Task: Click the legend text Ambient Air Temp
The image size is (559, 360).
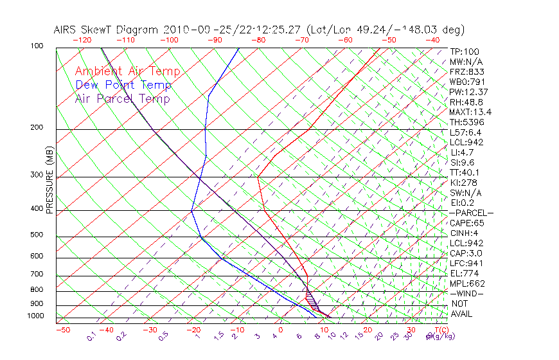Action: (x=127, y=71)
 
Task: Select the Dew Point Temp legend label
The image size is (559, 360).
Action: (x=123, y=85)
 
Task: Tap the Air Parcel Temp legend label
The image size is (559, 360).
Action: (x=122, y=98)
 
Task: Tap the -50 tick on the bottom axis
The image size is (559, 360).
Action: (x=62, y=330)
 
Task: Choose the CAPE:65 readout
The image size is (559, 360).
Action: (x=467, y=223)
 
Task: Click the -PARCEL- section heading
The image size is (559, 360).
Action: (x=471, y=213)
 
